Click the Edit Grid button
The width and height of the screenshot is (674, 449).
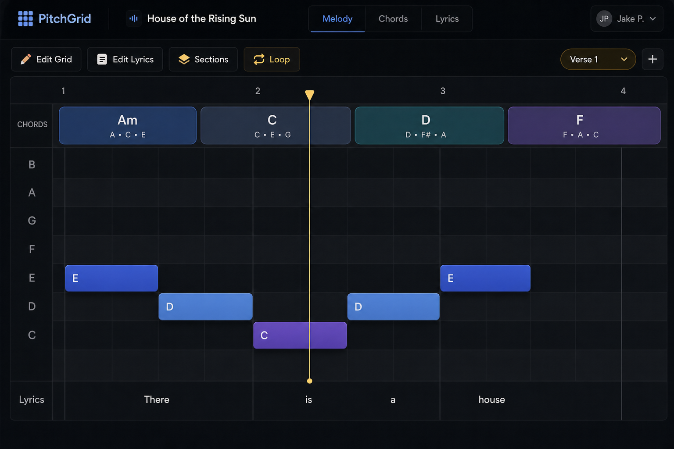pyautogui.click(x=46, y=59)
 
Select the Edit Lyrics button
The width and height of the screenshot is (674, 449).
pyautogui.click(x=125, y=59)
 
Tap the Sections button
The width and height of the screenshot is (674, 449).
pyautogui.click(x=203, y=59)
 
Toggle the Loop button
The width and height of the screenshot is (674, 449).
pyautogui.click(x=272, y=59)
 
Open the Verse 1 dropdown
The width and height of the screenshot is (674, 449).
pyautogui.click(x=598, y=59)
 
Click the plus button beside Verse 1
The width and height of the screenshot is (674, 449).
pyautogui.click(x=652, y=59)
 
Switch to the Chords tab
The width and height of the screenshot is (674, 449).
pyautogui.click(x=393, y=19)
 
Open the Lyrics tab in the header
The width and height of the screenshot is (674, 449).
pyautogui.click(x=447, y=19)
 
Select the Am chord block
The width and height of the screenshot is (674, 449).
pyautogui.click(x=128, y=125)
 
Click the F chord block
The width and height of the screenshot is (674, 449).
pyautogui.click(x=584, y=125)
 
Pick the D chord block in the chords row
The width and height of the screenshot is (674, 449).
pyautogui.click(x=430, y=125)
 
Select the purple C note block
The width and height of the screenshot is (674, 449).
pyautogui.click(x=300, y=335)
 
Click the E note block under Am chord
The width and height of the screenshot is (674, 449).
pyautogui.click(x=111, y=278)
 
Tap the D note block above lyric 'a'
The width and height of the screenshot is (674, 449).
pyautogui.click(x=393, y=307)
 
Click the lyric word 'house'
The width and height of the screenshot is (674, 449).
pyautogui.click(x=491, y=400)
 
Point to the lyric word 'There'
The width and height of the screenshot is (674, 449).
pyautogui.click(x=157, y=400)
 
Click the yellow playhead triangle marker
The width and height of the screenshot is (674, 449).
pyautogui.click(x=309, y=95)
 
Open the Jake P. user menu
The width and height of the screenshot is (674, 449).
pyautogui.click(x=627, y=19)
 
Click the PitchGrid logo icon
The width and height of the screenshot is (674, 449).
pyautogui.click(x=25, y=19)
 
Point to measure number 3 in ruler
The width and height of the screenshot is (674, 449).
pyautogui.click(x=443, y=91)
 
